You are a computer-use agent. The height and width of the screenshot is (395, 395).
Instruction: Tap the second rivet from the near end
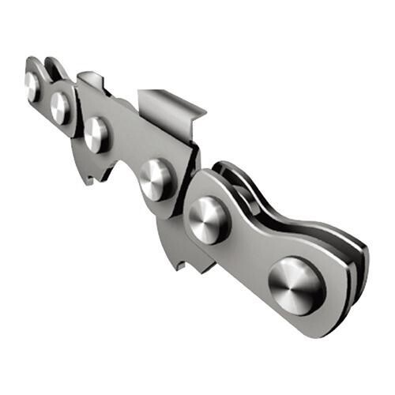pos(209,219)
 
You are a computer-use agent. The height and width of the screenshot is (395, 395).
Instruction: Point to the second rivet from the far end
pos(61,107)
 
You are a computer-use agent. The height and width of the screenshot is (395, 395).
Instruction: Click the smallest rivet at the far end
pos(32,85)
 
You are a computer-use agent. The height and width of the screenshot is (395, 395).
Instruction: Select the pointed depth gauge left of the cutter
pos(88,79)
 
